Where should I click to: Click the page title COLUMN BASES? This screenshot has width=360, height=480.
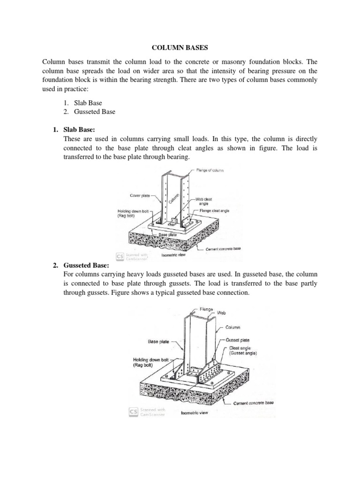[180, 48]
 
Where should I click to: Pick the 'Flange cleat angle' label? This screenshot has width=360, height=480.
[214, 211]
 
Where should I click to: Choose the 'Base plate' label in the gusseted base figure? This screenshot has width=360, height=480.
[159, 342]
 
